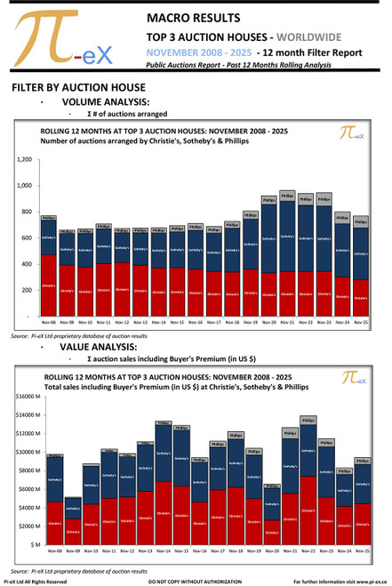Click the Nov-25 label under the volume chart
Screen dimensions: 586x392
[x=361, y=322]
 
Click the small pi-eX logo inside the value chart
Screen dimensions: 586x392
[x=353, y=380]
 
